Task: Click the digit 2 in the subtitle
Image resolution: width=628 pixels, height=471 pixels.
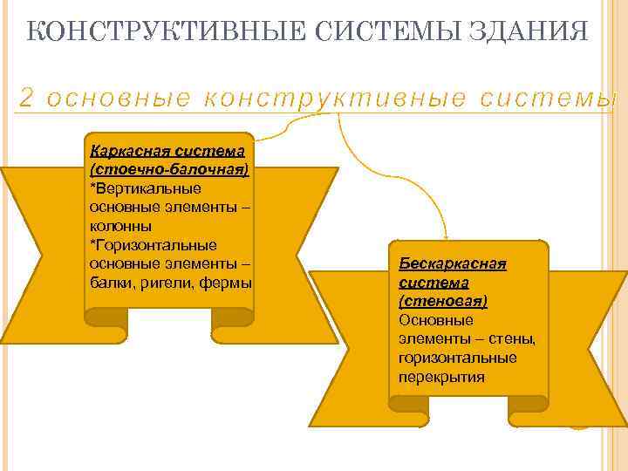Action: pos(25,99)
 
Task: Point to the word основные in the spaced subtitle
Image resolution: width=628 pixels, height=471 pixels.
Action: pos(118,99)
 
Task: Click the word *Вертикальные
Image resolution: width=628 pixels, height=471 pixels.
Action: pos(145,188)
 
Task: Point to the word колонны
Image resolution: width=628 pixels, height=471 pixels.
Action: pos(120,225)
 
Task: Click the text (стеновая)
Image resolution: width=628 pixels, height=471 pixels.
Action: pos(442,301)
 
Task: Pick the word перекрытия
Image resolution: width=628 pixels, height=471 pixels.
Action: pos(441,377)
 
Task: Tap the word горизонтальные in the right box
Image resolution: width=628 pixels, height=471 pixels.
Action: pos(457,358)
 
